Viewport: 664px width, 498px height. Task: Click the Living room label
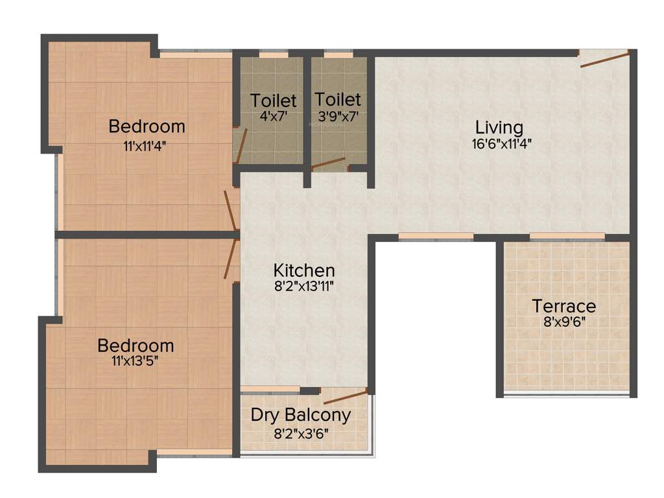tap(499, 126)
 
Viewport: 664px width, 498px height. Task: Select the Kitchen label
tap(303, 270)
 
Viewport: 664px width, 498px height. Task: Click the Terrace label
tap(563, 305)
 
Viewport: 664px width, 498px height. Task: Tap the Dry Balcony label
tap(300, 415)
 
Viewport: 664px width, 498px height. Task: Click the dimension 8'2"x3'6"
tap(300, 432)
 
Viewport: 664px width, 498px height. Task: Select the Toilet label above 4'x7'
tap(273, 101)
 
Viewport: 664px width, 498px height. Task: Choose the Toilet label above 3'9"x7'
tap(337, 99)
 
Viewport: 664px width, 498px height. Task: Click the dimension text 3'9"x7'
tap(337, 116)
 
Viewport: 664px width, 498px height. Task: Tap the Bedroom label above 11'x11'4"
tap(147, 126)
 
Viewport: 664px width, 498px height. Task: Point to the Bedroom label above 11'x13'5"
tap(136, 345)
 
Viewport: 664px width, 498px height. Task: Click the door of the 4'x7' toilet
tap(241, 145)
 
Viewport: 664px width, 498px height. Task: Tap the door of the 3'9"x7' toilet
tap(329, 163)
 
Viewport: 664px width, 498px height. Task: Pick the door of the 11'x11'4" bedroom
tap(231, 210)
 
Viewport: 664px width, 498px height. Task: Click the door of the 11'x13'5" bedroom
tap(230, 259)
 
